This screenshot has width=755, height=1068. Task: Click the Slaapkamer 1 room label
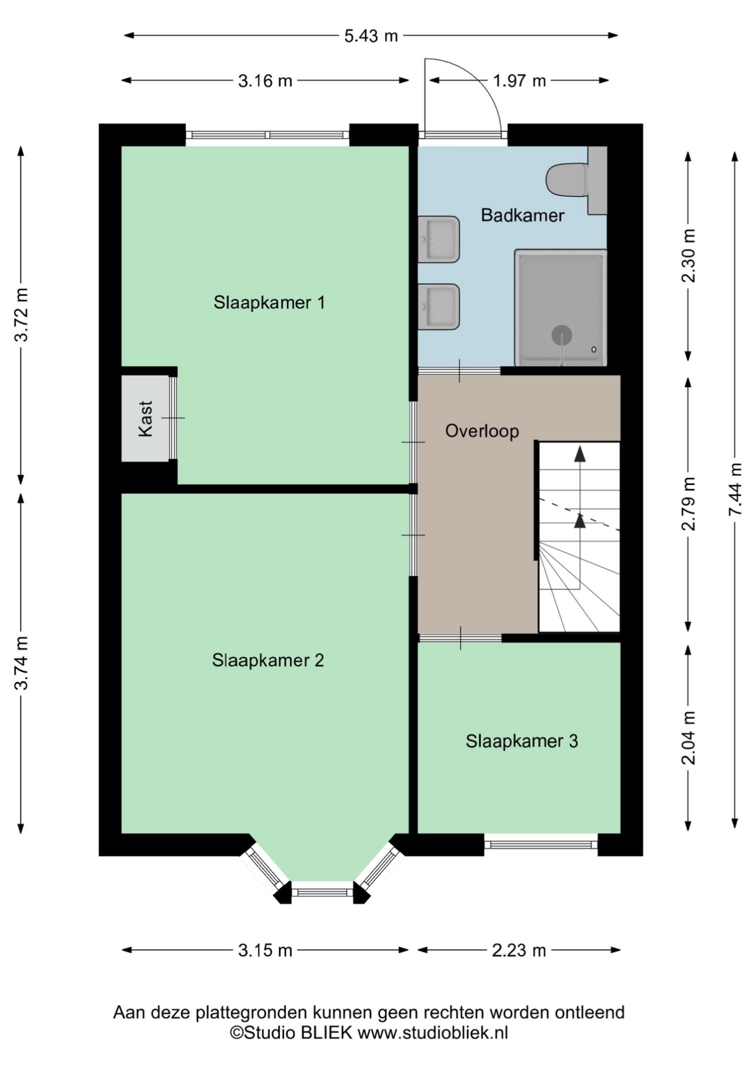point(269,303)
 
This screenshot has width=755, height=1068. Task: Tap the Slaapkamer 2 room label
point(268,661)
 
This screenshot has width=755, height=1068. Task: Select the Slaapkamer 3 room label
point(522,741)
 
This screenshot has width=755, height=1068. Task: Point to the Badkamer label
point(522,215)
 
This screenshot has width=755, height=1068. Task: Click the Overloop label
point(482,431)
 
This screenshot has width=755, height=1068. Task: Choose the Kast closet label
point(145,418)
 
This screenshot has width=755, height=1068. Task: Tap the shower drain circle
point(561,335)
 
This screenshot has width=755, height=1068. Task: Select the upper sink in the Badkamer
point(439,239)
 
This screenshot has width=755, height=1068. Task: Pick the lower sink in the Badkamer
point(439,307)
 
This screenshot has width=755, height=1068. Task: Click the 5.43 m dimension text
point(371,36)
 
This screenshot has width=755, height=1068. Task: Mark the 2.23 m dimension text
point(518,951)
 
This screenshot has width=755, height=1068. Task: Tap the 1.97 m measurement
point(519,81)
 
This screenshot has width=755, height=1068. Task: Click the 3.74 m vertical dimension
point(21,664)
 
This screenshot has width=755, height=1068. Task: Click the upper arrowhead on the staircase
point(580,454)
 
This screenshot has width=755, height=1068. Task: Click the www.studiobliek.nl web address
point(433,1032)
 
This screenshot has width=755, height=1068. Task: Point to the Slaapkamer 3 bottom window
point(541,845)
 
